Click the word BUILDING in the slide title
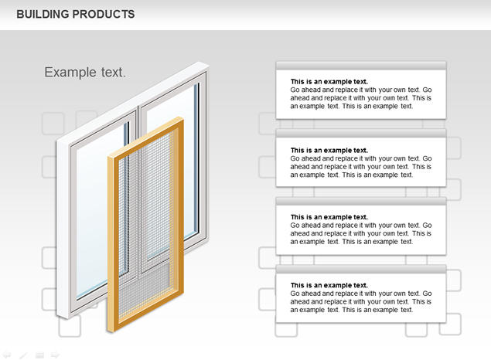pyautogui.click(x=43, y=15)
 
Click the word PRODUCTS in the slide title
pyautogui.click(x=104, y=15)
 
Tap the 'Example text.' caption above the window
pyautogui.click(x=85, y=73)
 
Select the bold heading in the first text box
pyautogui.click(x=329, y=82)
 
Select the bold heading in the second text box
pyautogui.click(x=329, y=150)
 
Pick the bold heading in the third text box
pyautogui.click(x=329, y=217)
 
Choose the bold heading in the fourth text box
pyautogui.click(x=329, y=285)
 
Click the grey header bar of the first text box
pyautogui.click(x=361, y=66)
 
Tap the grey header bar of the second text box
pyautogui.click(x=361, y=133)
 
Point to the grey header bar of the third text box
pyautogui.click(x=361, y=201)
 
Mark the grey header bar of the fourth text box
pyautogui.click(x=361, y=269)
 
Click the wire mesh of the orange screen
pyautogui.click(x=145, y=226)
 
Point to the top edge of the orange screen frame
pyautogui.click(x=145, y=137)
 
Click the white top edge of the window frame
pyautogui.click(x=133, y=102)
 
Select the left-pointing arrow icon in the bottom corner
pyautogui.click(x=7, y=355)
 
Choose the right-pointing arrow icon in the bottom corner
pyautogui.click(x=55, y=355)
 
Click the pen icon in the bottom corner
pyautogui.click(x=23, y=355)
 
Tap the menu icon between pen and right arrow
pyautogui.click(x=39, y=355)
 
